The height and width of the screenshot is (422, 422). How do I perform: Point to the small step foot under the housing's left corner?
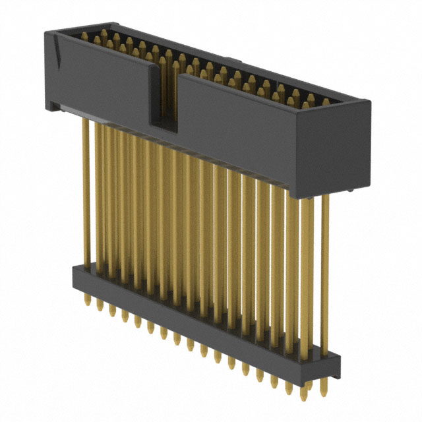pyautogui.click(x=51, y=104)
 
